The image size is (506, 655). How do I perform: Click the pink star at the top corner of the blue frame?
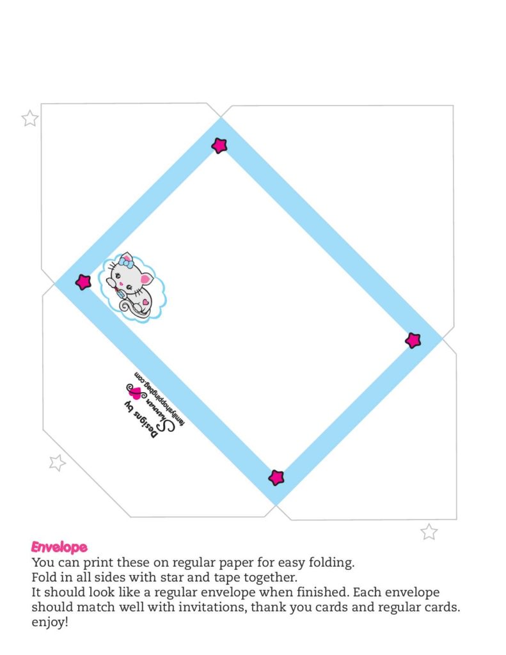pyautogui.click(x=219, y=145)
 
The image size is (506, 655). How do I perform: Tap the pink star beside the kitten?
pyautogui.click(x=83, y=282)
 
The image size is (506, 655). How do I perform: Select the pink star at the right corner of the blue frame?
pyautogui.click(x=413, y=340)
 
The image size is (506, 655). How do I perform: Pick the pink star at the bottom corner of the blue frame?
pyautogui.click(x=276, y=477)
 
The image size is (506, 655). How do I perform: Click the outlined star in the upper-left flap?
pyautogui.click(x=30, y=118)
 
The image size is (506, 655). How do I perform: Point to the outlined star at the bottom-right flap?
pyautogui.click(x=429, y=532)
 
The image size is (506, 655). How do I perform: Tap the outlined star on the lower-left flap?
pyautogui.click(x=58, y=462)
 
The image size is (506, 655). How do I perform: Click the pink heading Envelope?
pyautogui.click(x=59, y=548)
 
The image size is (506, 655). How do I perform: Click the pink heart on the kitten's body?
pyautogui.click(x=146, y=300)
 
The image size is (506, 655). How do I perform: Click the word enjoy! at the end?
pyautogui.click(x=49, y=622)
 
